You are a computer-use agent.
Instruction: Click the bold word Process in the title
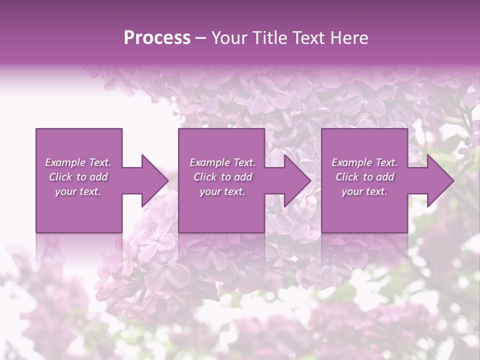pyautogui.click(x=157, y=38)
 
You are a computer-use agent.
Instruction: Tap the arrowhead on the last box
pyautogui.click(x=439, y=180)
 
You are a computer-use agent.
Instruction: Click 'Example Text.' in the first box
pyautogui.click(x=78, y=162)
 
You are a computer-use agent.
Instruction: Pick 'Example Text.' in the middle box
pyautogui.click(x=222, y=162)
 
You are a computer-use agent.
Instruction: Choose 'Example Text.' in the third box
pyautogui.click(x=364, y=162)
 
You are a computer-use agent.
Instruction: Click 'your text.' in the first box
pyautogui.click(x=78, y=191)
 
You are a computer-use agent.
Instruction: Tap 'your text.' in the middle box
pyautogui.click(x=222, y=191)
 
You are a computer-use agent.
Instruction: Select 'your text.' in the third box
pyautogui.click(x=364, y=191)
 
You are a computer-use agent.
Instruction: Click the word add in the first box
pyautogui.click(x=98, y=177)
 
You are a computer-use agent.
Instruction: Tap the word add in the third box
pyautogui.click(x=385, y=177)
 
